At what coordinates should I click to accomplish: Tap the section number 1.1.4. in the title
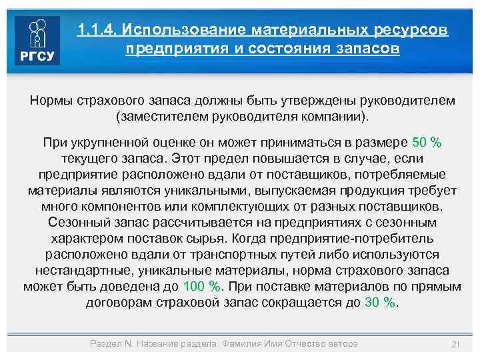(x=97, y=31)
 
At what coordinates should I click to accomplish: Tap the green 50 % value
(x=427, y=143)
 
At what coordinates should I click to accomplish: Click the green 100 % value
(x=201, y=287)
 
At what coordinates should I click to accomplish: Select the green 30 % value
(x=381, y=303)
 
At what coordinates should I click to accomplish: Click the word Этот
(x=189, y=159)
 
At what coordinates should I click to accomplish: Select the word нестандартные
(x=79, y=271)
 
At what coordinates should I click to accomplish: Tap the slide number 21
(x=457, y=344)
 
